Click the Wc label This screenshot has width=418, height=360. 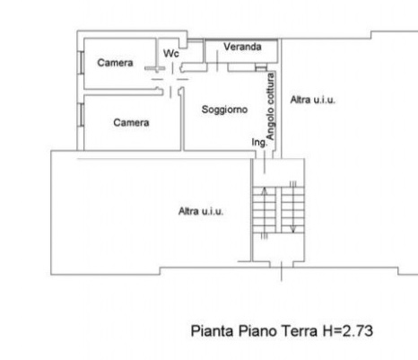tap(170, 53)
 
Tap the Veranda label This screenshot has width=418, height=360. tap(242, 46)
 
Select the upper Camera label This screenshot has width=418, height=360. tap(115, 63)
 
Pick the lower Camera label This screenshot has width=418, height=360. tap(131, 122)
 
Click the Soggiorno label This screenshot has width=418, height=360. tap(218, 110)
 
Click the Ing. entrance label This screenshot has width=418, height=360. tap(258, 143)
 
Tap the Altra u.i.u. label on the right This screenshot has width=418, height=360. tap(312, 101)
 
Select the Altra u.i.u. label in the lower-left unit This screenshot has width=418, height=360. tap(201, 211)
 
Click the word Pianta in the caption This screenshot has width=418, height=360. tap(212, 330)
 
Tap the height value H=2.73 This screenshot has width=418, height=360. tap(347, 330)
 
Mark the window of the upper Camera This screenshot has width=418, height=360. tap(81, 62)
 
